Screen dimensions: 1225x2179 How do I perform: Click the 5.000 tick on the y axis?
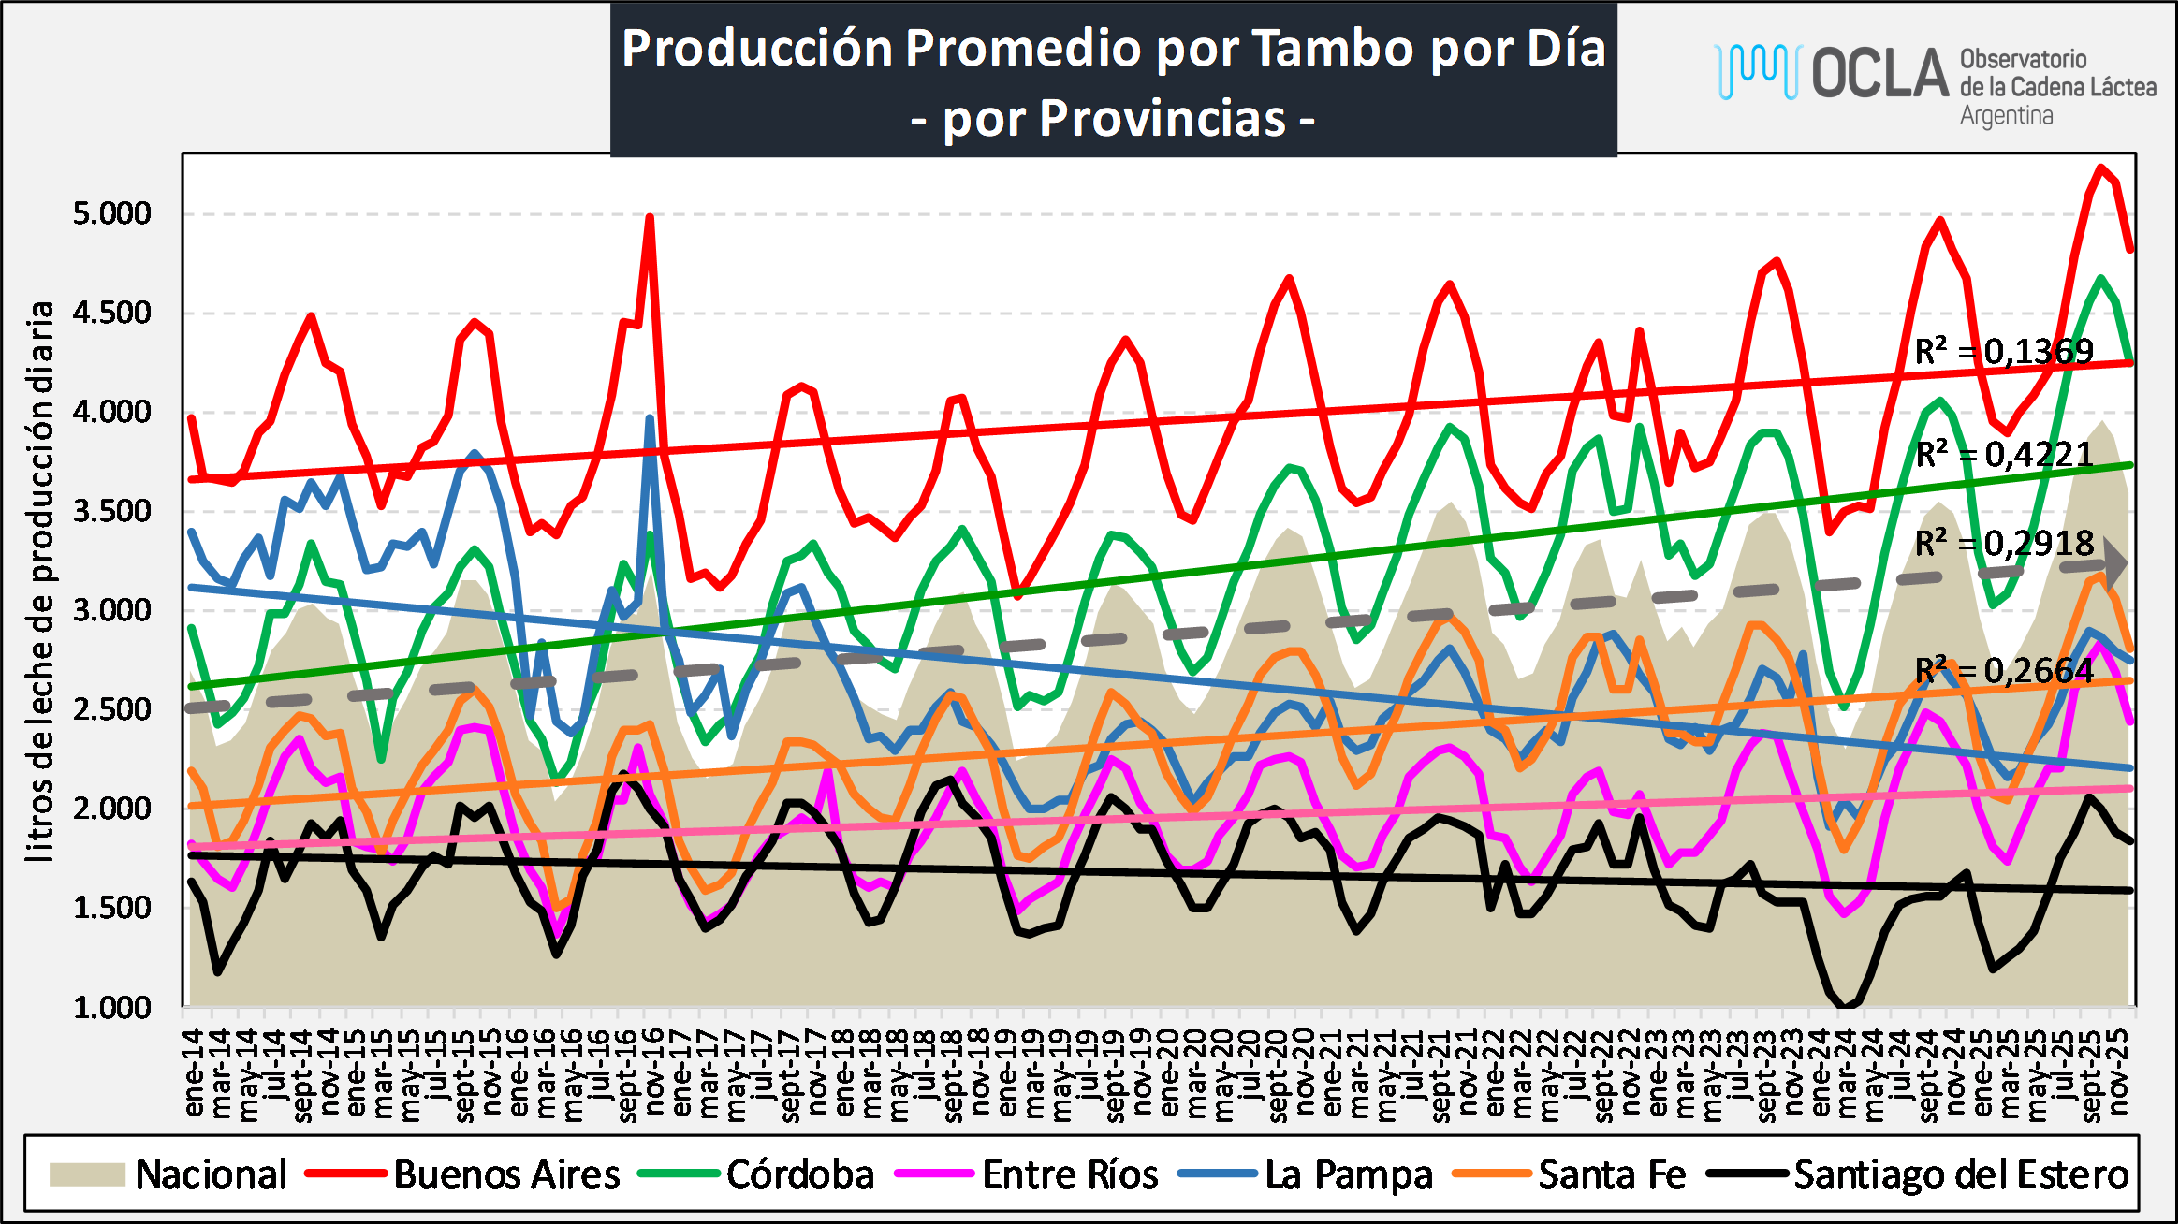coord(112,213)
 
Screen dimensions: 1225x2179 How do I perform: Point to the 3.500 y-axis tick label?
coord(112,511)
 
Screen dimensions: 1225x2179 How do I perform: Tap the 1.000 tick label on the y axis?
coord(112,1007)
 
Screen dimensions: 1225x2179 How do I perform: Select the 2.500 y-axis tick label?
coord(112,709)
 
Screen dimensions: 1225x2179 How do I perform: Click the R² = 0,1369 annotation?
coord(2003,352)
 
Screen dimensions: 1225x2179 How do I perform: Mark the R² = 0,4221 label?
coord(2003,455)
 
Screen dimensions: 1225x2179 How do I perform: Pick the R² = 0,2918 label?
coord(2003,544)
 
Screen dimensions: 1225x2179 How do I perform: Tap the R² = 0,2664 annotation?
coord(2003,671)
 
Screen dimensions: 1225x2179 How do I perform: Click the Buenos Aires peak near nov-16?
coord(650,217)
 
